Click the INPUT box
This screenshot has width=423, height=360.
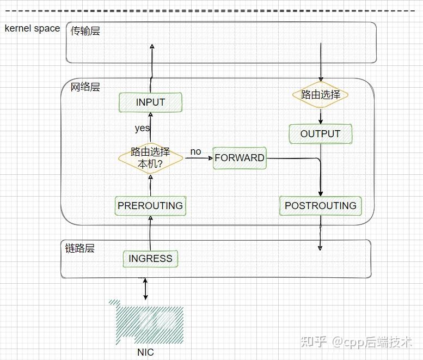click(x=150, y=102)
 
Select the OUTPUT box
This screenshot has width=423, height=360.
click(x=320, y=134)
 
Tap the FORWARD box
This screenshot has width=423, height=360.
click(x=240, y=158)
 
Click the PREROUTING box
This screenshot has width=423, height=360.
click(x=150, y=206)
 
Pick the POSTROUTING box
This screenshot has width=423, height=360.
click(x=320, y=206)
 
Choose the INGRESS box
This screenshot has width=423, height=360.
click(x=150, y=259)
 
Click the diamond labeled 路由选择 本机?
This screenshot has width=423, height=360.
click(x=150, y=157)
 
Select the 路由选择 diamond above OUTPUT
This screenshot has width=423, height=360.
click(x=320, y=95)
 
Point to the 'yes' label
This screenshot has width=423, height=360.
click(x=142, y=129)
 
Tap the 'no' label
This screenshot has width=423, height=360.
click(x=195, y=151)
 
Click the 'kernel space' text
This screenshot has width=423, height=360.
click(x=32, y=28)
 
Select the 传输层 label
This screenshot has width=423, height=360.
click(x=85, y=31)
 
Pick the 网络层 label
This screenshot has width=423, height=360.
click(x=85, y=87)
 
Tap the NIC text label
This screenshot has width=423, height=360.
click(x=145, y=352)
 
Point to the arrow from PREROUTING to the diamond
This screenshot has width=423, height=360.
click(x=151, y=185)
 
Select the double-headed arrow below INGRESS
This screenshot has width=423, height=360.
click(x=145, y=289)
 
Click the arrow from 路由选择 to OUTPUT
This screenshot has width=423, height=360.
click(x=321, y=115)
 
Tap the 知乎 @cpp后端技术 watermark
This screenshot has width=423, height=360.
click(x=356, y=341)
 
